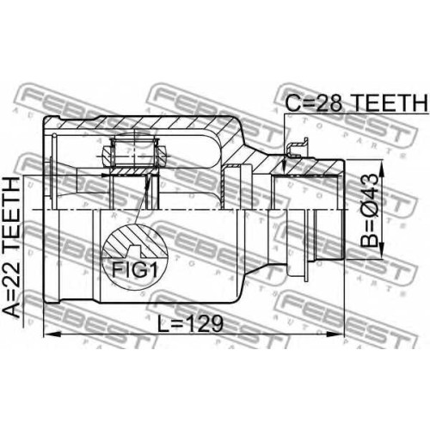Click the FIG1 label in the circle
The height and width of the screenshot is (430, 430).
click(x=134, y=270)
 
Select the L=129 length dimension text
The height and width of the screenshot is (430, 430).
click(x=190, y=324)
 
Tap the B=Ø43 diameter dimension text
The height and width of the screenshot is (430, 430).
click(x=369, y=211)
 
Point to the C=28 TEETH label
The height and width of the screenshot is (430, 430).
click(x=357, y=102)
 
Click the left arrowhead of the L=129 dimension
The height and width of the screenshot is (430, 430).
click(x=52, y=335)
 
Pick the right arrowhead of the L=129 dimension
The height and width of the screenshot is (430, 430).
click(x=335, y=335)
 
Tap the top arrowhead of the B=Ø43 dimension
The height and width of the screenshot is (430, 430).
click(x=382, y=169)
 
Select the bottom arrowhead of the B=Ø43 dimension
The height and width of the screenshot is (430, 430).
click(x=382, y=250)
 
